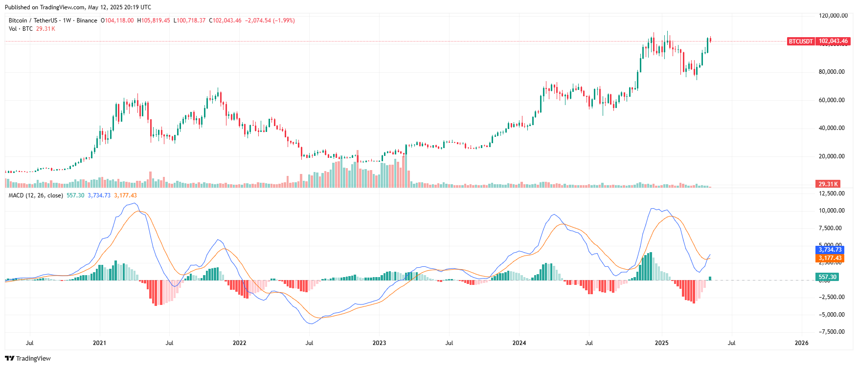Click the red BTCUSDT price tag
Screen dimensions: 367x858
[800, 42]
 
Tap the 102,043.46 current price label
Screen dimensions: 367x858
[833, 42]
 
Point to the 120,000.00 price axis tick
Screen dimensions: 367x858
[833, 16]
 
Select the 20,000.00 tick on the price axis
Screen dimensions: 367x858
[832, 156]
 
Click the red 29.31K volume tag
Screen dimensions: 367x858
[828, 184]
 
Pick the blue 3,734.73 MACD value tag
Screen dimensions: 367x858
[830, 250]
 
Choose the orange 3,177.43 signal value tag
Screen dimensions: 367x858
[830, 258]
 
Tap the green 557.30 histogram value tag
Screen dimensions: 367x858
[828, 277]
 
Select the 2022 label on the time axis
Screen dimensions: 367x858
[239, 343]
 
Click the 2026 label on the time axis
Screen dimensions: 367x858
[801, 343]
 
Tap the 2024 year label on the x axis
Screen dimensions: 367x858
[519, 343]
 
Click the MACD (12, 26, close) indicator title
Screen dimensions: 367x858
[36, 195]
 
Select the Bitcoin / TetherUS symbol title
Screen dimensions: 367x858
[33, 21]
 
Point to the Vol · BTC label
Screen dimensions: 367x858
[21, 29]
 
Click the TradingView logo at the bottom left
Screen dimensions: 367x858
[28, 359]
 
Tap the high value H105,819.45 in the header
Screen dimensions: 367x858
[154, 21]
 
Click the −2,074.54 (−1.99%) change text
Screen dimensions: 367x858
[270, 21]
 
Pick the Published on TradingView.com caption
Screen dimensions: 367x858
[78, 7]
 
